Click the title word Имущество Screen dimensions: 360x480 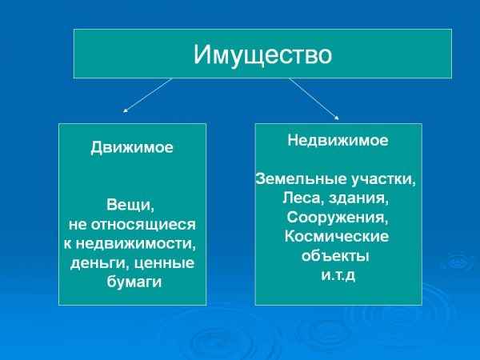click(262, 54)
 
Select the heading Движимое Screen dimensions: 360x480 click(132, 148)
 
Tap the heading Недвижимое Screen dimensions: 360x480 click(338, 140)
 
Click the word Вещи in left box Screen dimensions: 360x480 click(130, 206)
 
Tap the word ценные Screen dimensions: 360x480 click(166, 263)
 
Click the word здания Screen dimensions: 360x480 click(360, 198)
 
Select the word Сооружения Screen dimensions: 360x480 click(337, 217)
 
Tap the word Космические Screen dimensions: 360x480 click(337, 236)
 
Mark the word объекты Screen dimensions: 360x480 click(335, 256)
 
